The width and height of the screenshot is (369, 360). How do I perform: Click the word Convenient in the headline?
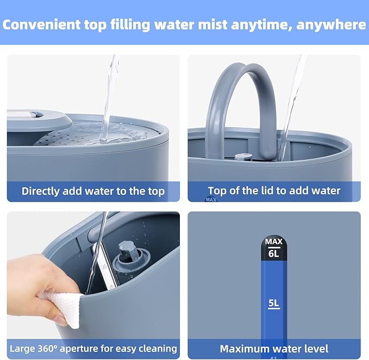[41, 24]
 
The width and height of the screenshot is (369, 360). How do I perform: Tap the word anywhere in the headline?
[331, 25]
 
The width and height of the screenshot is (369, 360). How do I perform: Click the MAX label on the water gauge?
[274, 241]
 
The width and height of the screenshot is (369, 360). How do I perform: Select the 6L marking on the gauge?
[274, 253]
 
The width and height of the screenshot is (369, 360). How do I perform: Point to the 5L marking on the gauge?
[274, 303]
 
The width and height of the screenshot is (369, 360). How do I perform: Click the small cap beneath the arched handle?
[243, 157]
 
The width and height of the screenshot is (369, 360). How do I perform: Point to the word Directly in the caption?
[40, 191]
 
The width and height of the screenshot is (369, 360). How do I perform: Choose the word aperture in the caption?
[79, 349]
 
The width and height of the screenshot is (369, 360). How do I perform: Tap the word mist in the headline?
[213, 24]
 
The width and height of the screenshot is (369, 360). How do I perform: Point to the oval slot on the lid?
[37, 115]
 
